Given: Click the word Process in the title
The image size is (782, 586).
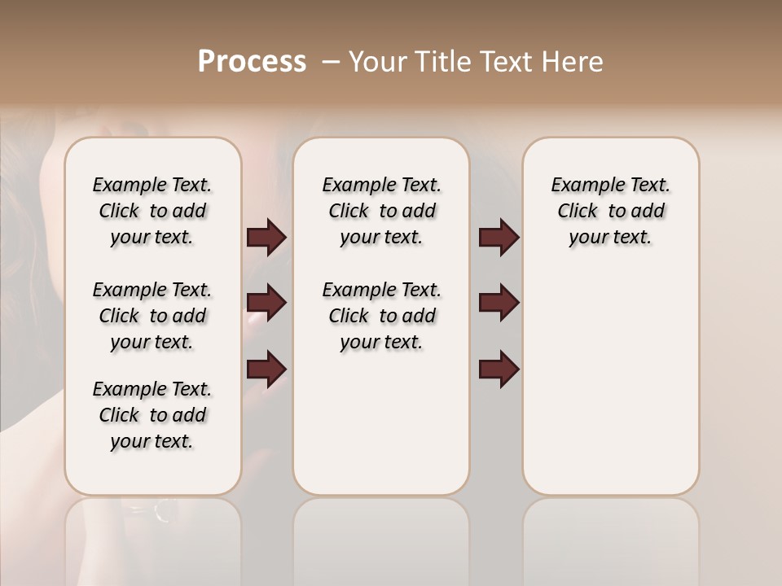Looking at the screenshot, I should point(252,61).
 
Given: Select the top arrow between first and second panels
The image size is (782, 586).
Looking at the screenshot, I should point(266,238).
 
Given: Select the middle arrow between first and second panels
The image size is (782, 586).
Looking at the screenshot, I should point(266,304).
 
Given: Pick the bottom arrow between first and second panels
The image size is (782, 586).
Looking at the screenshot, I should point(266,370).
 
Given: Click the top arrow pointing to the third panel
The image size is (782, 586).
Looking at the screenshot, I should point(499,238).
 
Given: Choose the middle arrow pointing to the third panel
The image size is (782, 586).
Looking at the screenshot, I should point(499,304).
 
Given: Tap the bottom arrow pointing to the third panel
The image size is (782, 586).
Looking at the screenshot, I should point(499,370).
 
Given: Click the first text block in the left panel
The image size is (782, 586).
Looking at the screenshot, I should point(152,211).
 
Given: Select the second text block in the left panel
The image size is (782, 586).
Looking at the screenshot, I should point(152,316).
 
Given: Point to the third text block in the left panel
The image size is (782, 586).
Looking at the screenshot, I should point(152,415).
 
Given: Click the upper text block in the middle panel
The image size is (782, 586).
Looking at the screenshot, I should point(381,211).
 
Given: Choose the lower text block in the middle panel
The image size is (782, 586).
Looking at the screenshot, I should point(381,316).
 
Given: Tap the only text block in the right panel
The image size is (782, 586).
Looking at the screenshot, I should point(610,211).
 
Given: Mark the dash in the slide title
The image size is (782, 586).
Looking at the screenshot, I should point(330,62).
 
